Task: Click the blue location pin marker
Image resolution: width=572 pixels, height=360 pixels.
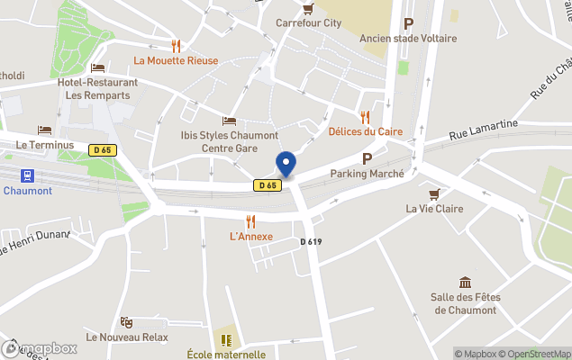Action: (x=286, y=164)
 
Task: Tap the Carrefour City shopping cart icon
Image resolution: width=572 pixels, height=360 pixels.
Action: (x=309, y=9)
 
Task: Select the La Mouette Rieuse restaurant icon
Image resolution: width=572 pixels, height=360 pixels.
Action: (x=177, y=46)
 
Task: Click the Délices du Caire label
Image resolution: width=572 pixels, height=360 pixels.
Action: (x=365, y=131)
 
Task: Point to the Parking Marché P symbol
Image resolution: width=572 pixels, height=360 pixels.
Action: (x=367, y=158)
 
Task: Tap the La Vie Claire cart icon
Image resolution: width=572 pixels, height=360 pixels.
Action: (x=435, y=193)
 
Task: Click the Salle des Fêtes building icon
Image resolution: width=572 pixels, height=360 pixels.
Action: (x=465, y=283)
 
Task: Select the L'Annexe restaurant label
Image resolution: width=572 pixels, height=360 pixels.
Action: (x=251, y=237)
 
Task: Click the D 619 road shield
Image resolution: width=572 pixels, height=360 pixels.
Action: (x=311, y=241)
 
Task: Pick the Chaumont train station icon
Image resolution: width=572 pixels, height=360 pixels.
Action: (x=27, y=175)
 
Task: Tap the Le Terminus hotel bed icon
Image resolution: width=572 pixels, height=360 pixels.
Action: (x=43, y=130)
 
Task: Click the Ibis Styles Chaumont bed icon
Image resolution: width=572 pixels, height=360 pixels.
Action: (x=229, y=121)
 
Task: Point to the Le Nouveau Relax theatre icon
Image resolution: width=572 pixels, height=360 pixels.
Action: (x=127, y=321)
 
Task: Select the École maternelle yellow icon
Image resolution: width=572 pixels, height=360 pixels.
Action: (x=226, y=339)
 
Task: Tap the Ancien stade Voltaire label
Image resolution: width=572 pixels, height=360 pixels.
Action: (x=408, y=39)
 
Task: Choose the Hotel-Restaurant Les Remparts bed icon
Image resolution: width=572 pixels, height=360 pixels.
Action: (x=98, y=67)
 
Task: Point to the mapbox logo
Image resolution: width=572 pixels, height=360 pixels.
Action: (x=40, y=348)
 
